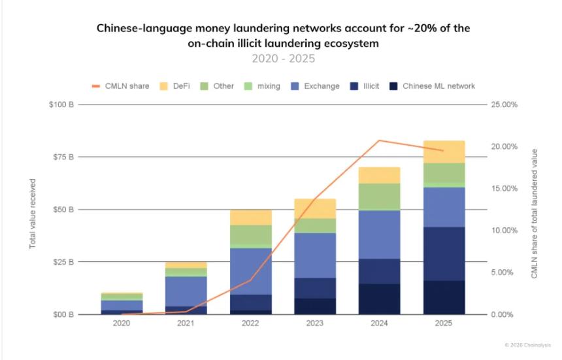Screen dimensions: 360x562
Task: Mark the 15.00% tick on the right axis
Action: click(x=504, y=188)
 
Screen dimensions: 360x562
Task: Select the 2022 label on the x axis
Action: click(x=250, y=324)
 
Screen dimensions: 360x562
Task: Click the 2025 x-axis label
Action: click(x=444, y=324)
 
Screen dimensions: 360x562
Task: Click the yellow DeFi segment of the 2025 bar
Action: click(x=444, y=152)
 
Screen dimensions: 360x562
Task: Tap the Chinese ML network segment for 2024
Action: click(x=380, y=299)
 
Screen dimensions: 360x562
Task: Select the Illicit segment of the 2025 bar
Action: click(x=444, y=254)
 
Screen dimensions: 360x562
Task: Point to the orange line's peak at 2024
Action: click(x=380, y=140)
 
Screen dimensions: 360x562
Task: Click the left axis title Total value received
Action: click(x=32, y=214)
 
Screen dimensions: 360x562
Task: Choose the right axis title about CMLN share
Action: click(x=534, y=214)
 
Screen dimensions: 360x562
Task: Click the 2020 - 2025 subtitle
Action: click(x=283, y=58)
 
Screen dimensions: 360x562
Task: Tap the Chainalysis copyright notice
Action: click(x=527, y=344)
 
